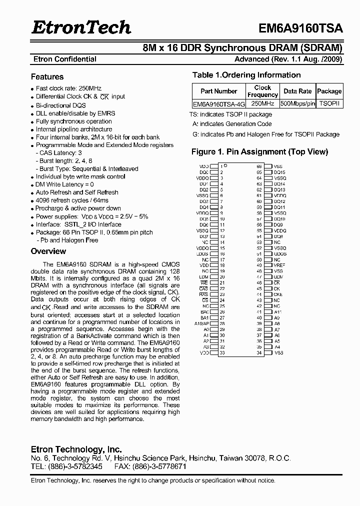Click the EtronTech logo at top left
pos(81,27)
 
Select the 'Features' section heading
pos(47,77)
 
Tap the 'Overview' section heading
pos(48,251)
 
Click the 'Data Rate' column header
pos(297,91)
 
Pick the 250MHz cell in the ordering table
pos(262,104)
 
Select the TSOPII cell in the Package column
pos(329,104)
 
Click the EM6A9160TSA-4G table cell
pos(218,104)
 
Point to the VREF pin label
pos(279,265)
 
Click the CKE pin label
pos(277,294)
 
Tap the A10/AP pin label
pos(201,323)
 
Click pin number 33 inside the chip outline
pos(222,353)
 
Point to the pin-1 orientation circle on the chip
pos(225,165)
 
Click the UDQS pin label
pos(280,254)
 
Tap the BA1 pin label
pos(204,318)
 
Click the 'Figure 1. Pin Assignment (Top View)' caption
pos(259,151)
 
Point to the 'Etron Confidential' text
pos(64,59)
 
